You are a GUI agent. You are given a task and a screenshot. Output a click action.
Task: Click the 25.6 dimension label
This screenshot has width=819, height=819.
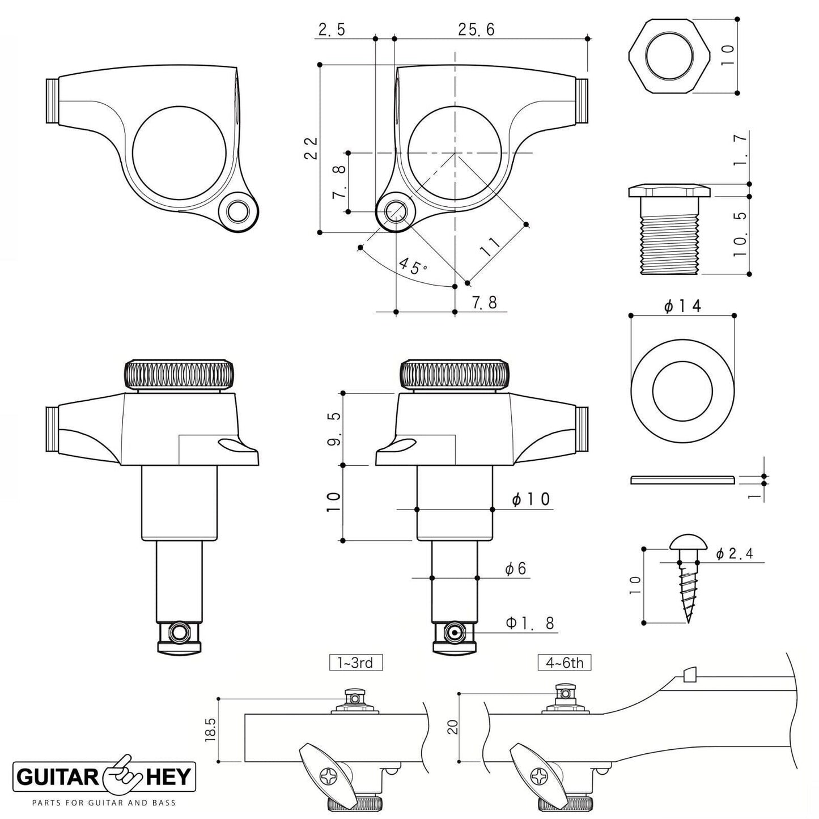pyautogui.click(x=476, y=29)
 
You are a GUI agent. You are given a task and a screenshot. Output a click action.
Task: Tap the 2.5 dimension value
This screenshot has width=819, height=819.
pyautogui.click(x=332, y=29)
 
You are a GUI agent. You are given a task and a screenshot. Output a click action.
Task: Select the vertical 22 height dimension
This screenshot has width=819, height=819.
pyautogui.click(x=311, y=148)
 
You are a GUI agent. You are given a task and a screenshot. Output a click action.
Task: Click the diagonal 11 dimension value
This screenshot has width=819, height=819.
pyautogui.click(x=490, y=248)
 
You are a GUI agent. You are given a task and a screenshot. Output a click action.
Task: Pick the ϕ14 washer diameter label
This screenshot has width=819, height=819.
pyautogui.click(x=682, y=306)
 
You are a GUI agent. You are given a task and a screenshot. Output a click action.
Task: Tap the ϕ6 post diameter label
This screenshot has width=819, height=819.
pyautogui.click(x=516, y=568)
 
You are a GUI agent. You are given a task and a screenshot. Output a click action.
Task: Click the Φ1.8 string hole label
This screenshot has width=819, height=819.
pyautogui.click(x=529, y=623)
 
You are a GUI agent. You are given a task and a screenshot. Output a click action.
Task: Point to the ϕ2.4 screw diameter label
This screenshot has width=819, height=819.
pyautogui.click(x=735, y=554)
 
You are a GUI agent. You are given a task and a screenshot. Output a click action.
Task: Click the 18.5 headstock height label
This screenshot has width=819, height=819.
pyautogui.click(x=211, y=729)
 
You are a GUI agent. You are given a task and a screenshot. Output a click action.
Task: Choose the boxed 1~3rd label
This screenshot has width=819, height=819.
pyautogui.click(x=356, y=662)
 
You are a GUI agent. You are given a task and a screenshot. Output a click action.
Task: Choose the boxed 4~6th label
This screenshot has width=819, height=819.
pyautogui.click(x=564, y=662)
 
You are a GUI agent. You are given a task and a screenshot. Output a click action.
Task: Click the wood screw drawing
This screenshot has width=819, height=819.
pyautogui.click(x=686, y=578)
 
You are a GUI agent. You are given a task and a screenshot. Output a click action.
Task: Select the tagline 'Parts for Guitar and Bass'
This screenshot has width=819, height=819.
pyautogui.click(x=104, y=802)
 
